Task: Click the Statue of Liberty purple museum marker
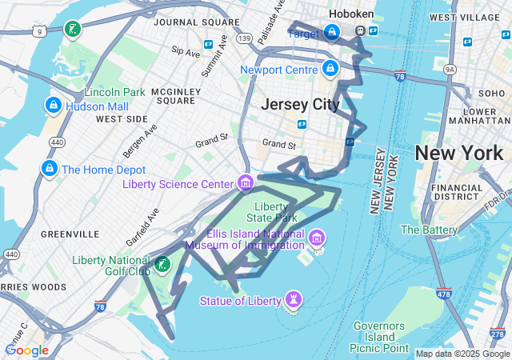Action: pos(294,300)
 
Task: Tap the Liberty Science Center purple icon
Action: pos(246,183)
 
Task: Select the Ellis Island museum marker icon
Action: pos(317,238)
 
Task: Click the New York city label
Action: pos(458,153)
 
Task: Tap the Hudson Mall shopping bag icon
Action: pos(53,105)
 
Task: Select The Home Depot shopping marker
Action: pos(50,170)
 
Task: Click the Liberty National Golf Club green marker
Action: pos(162,263)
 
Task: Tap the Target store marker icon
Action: pos(332,33)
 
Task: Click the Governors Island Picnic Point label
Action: pos(378,337)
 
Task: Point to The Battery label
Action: pos(430,230)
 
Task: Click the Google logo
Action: pos(26,350)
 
